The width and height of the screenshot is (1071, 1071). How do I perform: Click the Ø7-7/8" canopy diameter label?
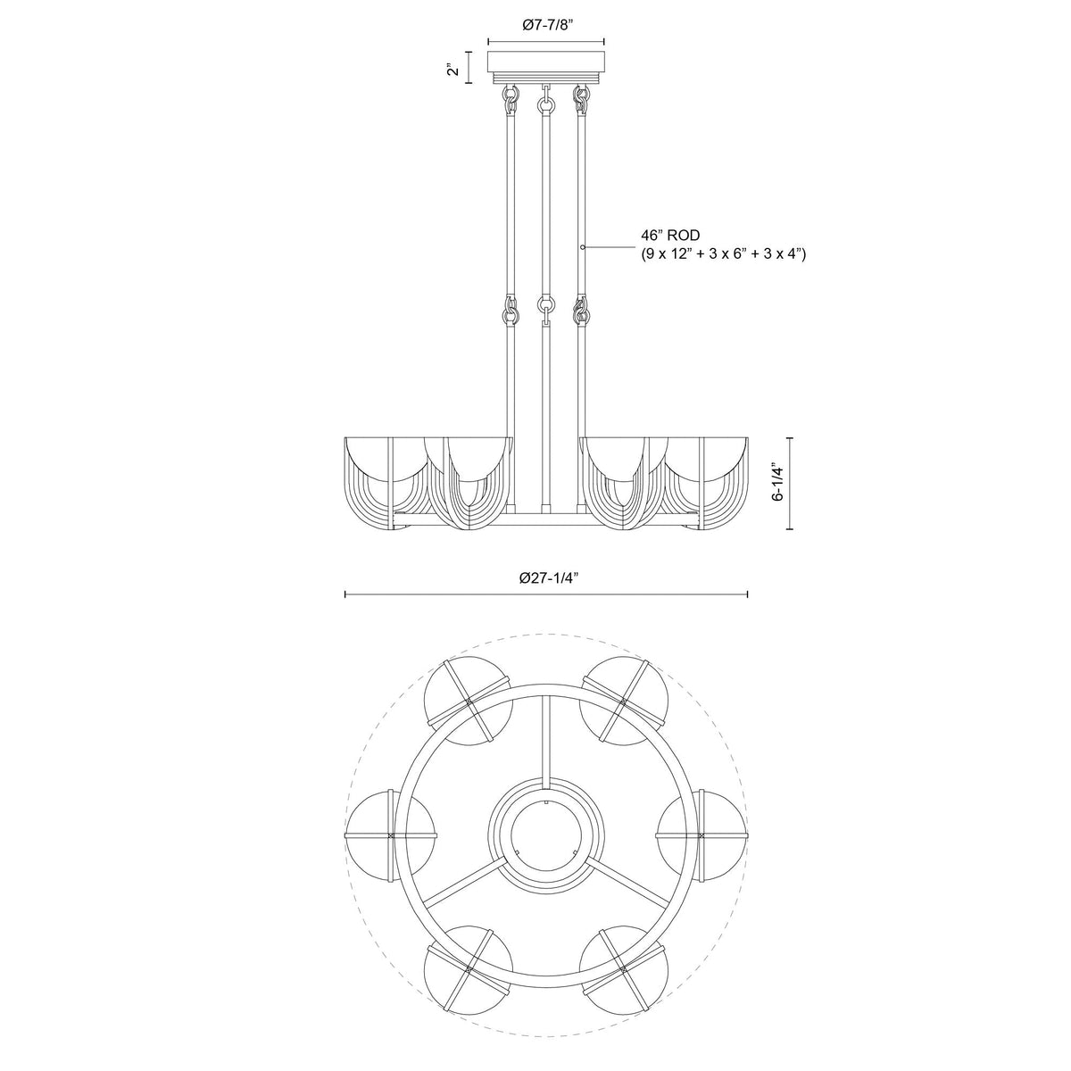546,27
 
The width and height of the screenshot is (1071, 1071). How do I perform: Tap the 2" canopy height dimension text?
455,68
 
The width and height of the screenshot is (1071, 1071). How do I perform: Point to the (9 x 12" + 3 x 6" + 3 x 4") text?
724,255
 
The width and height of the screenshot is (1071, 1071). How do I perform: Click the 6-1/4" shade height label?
778,483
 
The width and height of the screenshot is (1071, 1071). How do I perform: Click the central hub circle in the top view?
546,829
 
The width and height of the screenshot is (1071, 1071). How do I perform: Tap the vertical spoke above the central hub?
545,741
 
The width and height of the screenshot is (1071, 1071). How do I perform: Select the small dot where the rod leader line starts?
583,246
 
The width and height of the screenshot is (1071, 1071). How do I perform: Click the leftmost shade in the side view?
384,482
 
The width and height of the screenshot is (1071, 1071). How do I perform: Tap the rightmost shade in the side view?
710,482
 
